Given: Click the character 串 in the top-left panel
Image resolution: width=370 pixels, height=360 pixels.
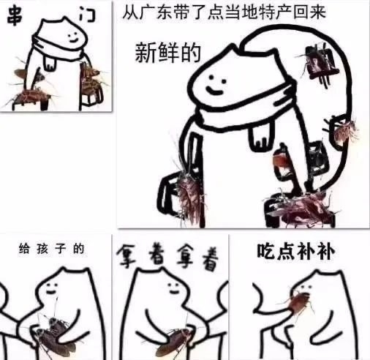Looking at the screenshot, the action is (15, 16).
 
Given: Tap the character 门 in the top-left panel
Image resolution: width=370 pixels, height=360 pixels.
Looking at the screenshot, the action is (87, 15).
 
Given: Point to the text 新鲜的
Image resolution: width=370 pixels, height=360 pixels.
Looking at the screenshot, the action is (168, 53).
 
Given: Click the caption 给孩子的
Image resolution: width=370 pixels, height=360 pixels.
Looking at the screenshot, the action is (51, 249).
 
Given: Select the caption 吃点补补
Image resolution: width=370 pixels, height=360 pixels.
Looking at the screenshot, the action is (295, 251).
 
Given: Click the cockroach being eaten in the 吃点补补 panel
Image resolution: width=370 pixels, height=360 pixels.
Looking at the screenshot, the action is (298, 302).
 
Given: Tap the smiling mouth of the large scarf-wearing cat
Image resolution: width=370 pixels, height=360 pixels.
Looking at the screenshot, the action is (214, 90).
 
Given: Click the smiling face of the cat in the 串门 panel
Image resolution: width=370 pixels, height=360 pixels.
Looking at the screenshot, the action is (72, 36).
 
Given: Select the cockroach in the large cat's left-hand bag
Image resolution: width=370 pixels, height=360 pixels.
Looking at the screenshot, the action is (189, 195).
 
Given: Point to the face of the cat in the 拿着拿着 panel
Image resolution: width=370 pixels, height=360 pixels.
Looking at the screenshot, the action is (174, 288).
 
